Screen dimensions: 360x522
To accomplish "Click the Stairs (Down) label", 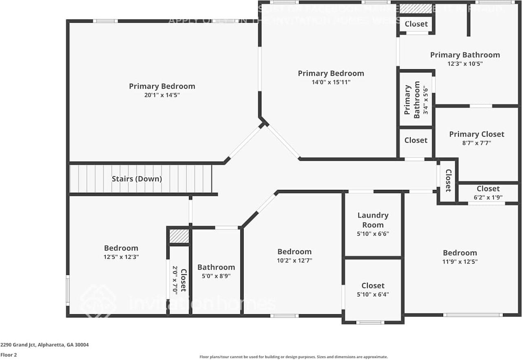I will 137,179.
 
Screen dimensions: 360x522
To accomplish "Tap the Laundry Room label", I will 373,220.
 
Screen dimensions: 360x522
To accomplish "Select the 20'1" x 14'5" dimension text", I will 162,95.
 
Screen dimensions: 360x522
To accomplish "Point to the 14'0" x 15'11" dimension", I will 331,82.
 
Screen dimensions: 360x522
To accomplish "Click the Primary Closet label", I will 476,134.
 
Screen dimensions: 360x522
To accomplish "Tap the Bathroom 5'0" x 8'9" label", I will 216,267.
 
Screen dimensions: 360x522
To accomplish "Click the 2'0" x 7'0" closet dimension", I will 175,280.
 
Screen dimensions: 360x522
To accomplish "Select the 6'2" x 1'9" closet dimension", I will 488,197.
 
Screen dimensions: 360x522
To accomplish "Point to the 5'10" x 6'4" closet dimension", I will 373,294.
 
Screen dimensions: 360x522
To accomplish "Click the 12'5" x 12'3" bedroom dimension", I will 121,257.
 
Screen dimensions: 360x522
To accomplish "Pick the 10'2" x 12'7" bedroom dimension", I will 294,260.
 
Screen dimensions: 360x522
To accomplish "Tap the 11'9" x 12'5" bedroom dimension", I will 460,262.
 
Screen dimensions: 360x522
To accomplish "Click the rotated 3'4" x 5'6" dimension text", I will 425,100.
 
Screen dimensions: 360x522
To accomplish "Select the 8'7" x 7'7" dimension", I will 476,143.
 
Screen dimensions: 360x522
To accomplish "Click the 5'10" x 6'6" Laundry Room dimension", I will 373,234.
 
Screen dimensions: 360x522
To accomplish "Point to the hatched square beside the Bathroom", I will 179,236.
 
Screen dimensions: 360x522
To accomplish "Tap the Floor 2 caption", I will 9,355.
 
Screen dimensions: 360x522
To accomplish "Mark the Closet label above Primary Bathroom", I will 416,24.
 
